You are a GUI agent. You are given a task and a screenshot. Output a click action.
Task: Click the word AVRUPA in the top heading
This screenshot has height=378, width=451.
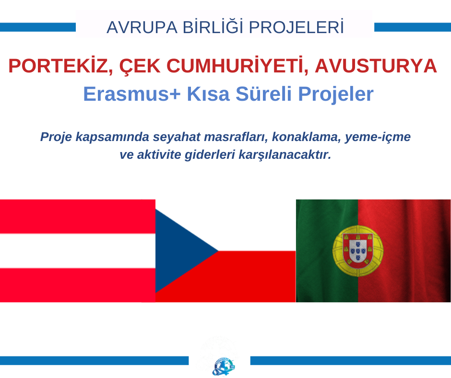pos(142,28)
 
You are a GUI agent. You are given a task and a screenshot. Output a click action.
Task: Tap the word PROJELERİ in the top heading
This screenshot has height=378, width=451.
pos(296,27)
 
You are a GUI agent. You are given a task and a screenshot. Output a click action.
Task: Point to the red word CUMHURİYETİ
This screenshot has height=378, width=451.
pos(237,65)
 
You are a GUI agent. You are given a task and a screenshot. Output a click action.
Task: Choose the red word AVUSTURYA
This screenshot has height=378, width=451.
pos(376,66)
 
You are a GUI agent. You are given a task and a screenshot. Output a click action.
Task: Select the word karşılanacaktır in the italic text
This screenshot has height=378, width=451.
pos(285,155)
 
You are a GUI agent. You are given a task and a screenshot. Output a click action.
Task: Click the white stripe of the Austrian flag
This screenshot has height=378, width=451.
pos(78,251)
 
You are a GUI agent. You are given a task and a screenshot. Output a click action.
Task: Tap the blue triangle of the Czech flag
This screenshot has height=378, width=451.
pos(178,251)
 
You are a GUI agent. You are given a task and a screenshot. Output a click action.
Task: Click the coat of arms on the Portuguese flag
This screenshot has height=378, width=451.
pos(358,251)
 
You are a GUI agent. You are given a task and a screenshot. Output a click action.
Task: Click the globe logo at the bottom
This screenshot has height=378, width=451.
pos(224,366)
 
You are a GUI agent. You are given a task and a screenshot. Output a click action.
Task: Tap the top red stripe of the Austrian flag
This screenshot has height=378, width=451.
pos(78,217)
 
